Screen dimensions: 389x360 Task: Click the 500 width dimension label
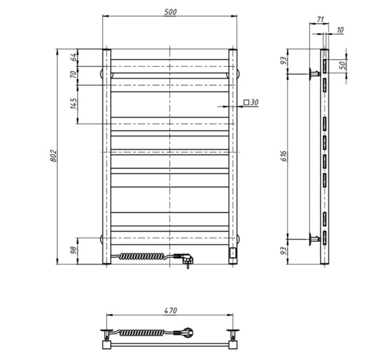[x=170, y=12]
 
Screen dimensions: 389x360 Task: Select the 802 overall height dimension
[x=54, y=156]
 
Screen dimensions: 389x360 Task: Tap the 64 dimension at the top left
[x=74, y=58]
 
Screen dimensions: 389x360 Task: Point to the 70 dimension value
[x=74, y=74]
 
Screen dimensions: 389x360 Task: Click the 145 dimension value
[x=74, y=103]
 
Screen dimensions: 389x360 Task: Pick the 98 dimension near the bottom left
[x=74, y=250]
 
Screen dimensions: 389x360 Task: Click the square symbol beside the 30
[x=246, y=102]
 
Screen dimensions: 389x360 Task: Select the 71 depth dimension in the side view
[x=320, y=19]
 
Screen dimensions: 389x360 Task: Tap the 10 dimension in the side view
[x=340, y=30]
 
